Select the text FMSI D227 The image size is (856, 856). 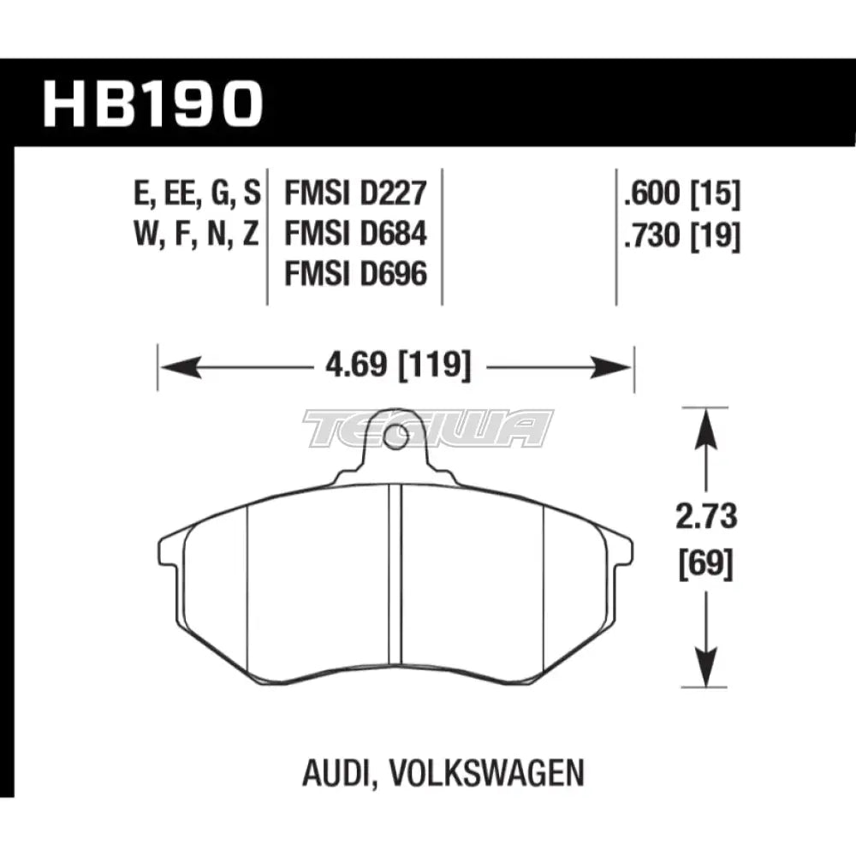click(x=354, y=194)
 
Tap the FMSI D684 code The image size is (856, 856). click(x=354, y=234)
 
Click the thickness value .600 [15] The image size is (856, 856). click(x=682, y=194)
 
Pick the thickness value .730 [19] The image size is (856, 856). click(x=682, y=234)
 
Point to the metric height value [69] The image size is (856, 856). click(x=706, y=565)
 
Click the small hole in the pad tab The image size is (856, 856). click(x=395, y=439)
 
